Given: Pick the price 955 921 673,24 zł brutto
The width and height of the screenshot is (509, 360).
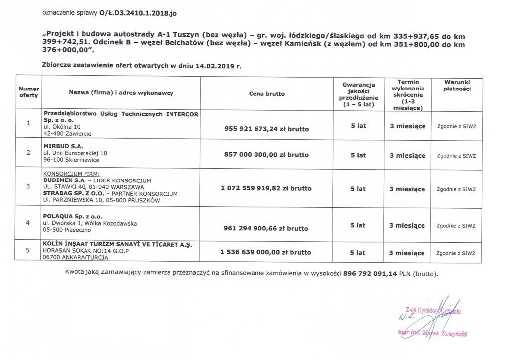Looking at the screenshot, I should tap(266, 129).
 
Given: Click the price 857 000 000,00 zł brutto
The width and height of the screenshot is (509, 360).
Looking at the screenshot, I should tap(266, 155).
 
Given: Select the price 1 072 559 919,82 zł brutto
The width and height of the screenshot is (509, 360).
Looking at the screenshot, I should tap(266, 189).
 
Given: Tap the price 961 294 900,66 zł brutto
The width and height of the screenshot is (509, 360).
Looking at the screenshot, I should tap(266, 228).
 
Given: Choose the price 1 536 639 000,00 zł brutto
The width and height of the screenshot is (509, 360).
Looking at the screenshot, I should tap(266, 252).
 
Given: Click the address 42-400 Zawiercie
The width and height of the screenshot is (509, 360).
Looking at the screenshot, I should tap(68, 134).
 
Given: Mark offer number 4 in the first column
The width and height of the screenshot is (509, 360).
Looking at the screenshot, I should tap(28, 222).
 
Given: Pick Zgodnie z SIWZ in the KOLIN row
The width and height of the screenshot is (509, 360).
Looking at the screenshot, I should tap(456, 253).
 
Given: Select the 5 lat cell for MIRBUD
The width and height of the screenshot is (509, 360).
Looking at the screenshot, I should tap(358, 155).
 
